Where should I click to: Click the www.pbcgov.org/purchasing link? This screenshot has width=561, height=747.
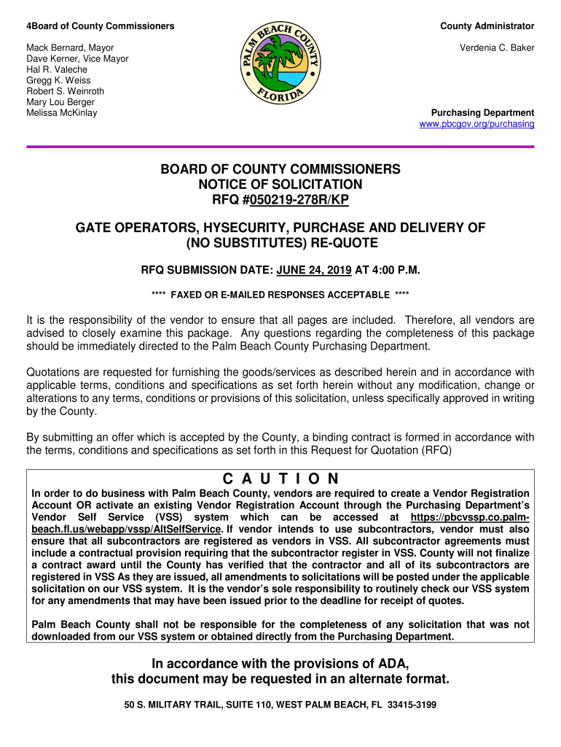[x=477, y=125]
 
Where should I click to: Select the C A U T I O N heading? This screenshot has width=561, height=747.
[x=280, y=479]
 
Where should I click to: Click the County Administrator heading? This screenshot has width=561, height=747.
[x=487, y=26]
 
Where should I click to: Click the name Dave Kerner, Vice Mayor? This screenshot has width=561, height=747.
[x=77, y=59]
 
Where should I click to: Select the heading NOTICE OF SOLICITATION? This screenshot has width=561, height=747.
[x=280, y=185]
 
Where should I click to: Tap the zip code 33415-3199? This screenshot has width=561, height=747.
[x=412, y=705]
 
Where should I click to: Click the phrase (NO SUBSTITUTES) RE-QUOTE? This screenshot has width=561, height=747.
[x=280, y=244]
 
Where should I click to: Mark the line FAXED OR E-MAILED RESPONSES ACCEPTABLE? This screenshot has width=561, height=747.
[x=280, y=295]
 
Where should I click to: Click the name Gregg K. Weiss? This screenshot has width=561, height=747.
[x=58, y=81]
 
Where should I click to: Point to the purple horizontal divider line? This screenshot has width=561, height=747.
[x=280, y=147]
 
